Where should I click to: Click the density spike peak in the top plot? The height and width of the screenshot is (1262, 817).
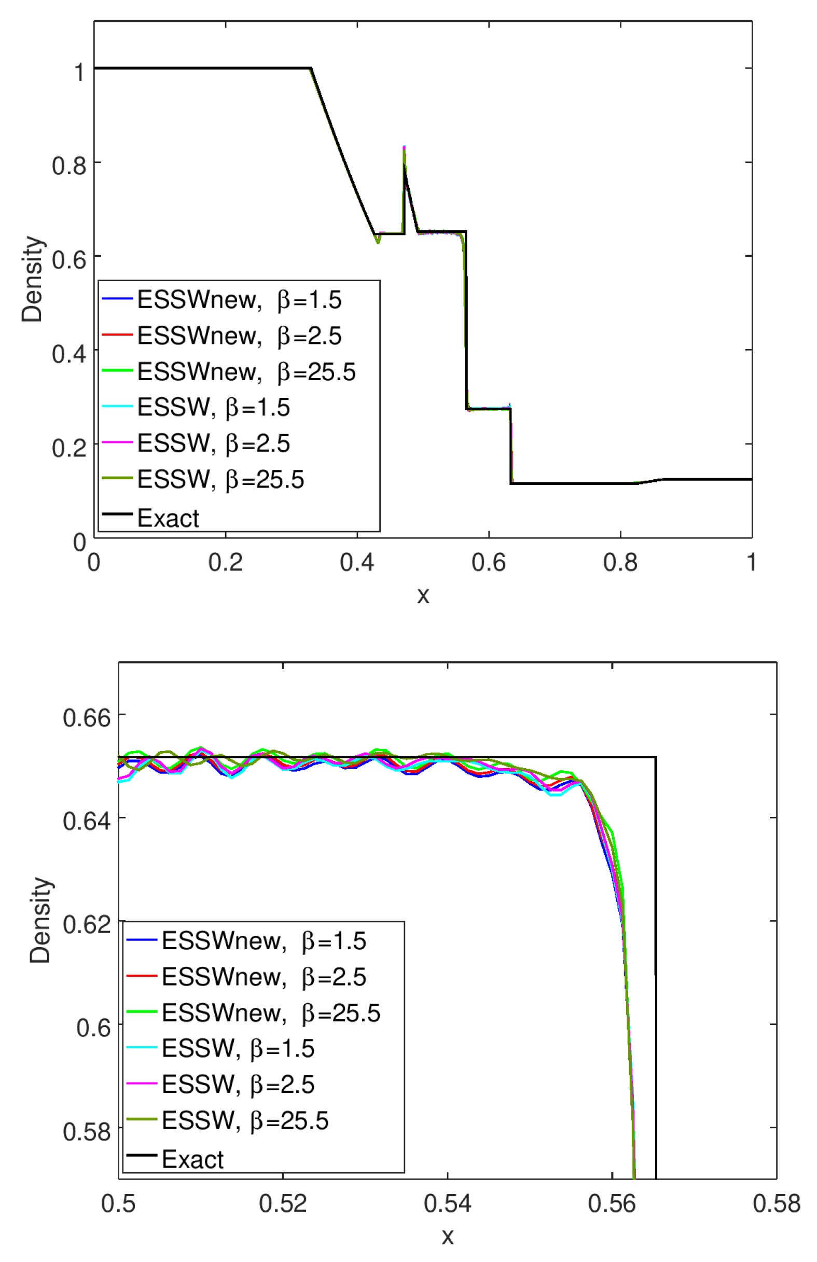coord(404,147)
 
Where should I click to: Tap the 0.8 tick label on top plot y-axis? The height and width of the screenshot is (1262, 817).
coord(69,165)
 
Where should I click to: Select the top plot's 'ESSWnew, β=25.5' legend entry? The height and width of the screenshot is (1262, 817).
coord(246,372)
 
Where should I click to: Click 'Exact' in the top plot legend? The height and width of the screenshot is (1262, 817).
coord(168,518)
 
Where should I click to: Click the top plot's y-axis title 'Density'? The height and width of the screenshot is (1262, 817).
coord(33,279)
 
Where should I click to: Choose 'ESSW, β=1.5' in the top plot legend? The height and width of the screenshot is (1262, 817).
coord(213,407)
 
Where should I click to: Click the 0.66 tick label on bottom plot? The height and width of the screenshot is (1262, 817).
coord(87,718)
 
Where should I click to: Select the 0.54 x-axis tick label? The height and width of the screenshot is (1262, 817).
coord(447,1204)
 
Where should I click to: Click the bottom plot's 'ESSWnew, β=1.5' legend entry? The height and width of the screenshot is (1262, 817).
coord(264,941)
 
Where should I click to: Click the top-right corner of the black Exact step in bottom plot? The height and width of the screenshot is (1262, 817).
coord(656,757)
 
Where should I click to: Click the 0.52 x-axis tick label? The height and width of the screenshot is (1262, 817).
coord(283,1204)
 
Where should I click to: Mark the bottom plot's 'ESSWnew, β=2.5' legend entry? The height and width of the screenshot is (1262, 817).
coord(264,977)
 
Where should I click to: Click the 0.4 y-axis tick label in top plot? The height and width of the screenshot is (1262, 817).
coord(69,353)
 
